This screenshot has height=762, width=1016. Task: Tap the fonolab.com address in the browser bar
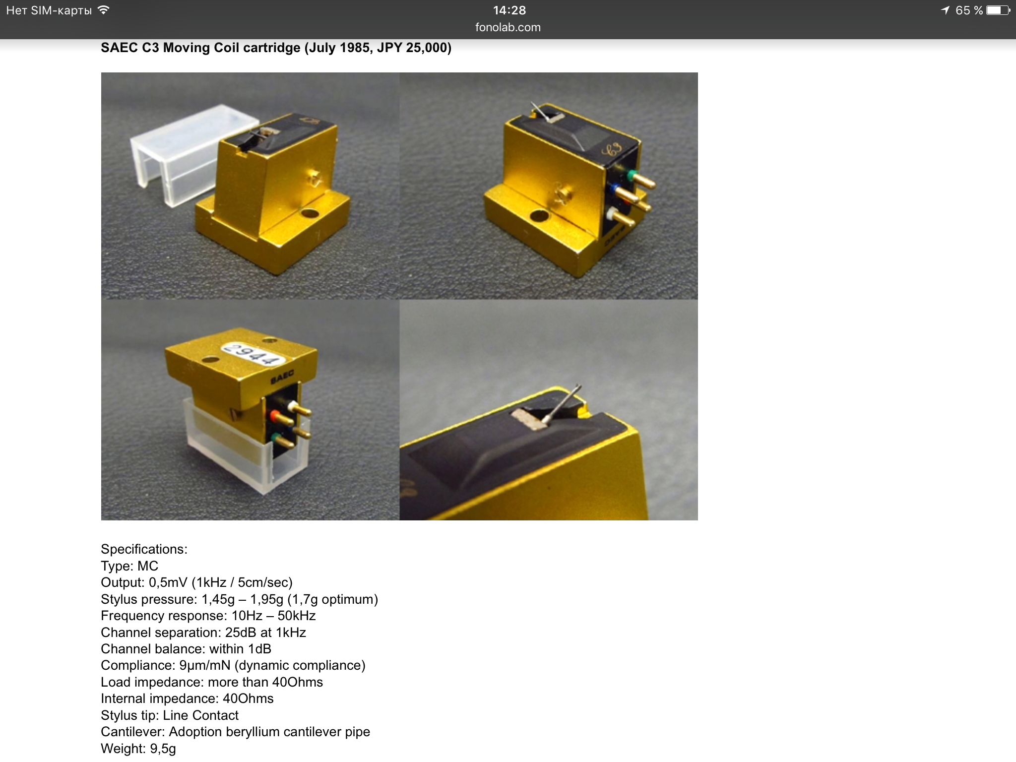click(508, 27)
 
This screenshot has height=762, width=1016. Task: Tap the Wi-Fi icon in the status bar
click(103, 10)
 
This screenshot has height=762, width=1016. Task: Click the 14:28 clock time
click(509, 10)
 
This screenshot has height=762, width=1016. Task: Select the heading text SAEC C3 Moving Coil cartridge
click(200, 48)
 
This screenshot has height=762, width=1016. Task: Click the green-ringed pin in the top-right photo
click(642, 180)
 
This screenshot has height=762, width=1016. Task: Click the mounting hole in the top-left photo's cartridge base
click(310, 214)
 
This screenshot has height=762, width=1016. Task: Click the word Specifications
click(144, 549)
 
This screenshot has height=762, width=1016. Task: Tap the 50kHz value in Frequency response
click(297, 616)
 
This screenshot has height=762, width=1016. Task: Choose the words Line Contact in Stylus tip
click(201, 715)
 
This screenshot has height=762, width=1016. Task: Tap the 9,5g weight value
click(163, 749)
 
